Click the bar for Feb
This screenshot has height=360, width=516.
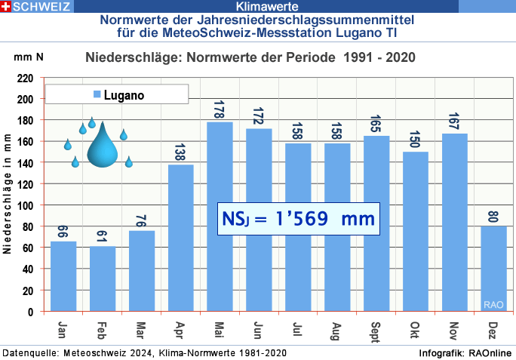[x=103, y=278]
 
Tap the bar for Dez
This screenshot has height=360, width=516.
[x=494, y=268]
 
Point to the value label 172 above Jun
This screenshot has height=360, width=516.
[x=259, y=118]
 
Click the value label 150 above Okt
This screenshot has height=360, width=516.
[x=416, y=140]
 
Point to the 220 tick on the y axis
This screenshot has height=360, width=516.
[x=26, y=78]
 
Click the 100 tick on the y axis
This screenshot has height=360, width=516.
[x=26, y=205]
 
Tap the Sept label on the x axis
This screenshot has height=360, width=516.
[x=376, y=331]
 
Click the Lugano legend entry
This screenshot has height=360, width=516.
[x=117, y=95]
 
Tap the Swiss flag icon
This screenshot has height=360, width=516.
[x=6, y=7]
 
